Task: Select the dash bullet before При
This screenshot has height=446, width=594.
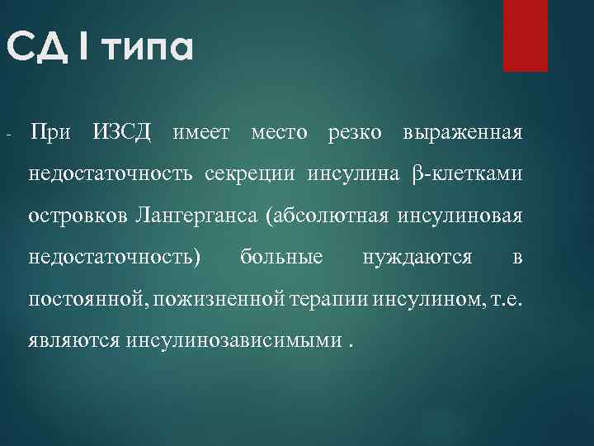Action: click(7, 134)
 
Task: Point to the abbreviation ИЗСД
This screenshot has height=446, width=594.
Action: click(122, 132)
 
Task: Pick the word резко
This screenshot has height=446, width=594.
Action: click(355, 132)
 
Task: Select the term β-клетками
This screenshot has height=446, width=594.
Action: click(466, 174)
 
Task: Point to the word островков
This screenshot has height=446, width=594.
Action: click(78, 216)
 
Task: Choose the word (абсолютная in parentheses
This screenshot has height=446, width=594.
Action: click(328, 216)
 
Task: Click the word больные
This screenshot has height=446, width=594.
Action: click(281, 258)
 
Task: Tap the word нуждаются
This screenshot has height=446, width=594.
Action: click(417, 258)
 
